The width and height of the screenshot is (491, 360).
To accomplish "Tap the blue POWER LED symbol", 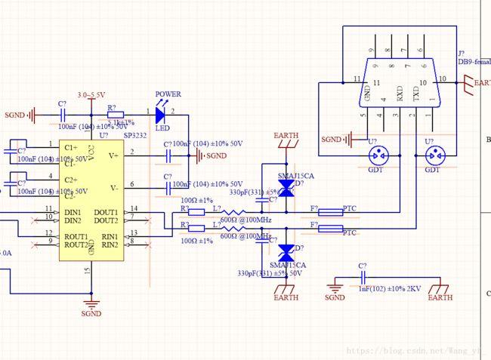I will tap(159, 115).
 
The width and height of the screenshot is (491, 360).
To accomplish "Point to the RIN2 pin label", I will tap(109, 245).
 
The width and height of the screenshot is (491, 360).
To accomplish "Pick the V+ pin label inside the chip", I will tap(113, 155).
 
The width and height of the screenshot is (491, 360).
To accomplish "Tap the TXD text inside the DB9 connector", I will tap(415, 94).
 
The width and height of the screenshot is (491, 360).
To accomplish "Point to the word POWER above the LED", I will tap(168, 95).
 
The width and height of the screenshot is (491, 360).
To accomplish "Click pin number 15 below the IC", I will tap(87, 269).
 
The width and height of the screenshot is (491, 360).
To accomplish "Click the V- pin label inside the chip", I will tap(113, 187).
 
